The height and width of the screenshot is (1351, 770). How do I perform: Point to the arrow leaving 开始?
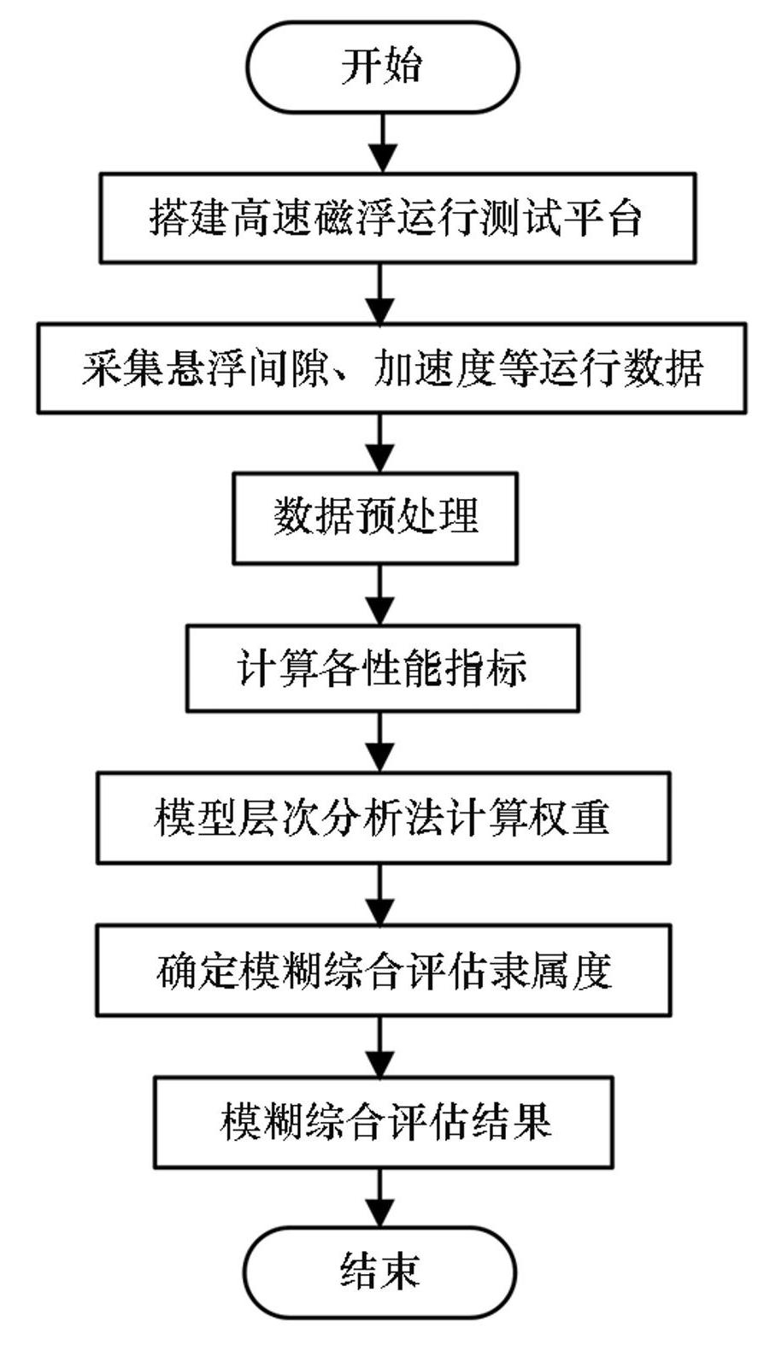point(381,143)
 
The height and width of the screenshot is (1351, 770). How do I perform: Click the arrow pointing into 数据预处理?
point(380,443)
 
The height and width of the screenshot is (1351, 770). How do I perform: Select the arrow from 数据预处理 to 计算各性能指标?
point(380,594)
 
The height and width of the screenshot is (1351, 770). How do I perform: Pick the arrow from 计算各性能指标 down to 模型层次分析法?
point(380,743)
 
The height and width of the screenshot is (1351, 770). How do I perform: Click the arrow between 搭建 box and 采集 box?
point(380,293)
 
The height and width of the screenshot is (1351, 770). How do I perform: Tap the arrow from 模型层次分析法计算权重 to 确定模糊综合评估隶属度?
point(380,895)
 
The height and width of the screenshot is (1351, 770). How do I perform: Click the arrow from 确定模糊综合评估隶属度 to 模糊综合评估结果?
point(380,1047)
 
